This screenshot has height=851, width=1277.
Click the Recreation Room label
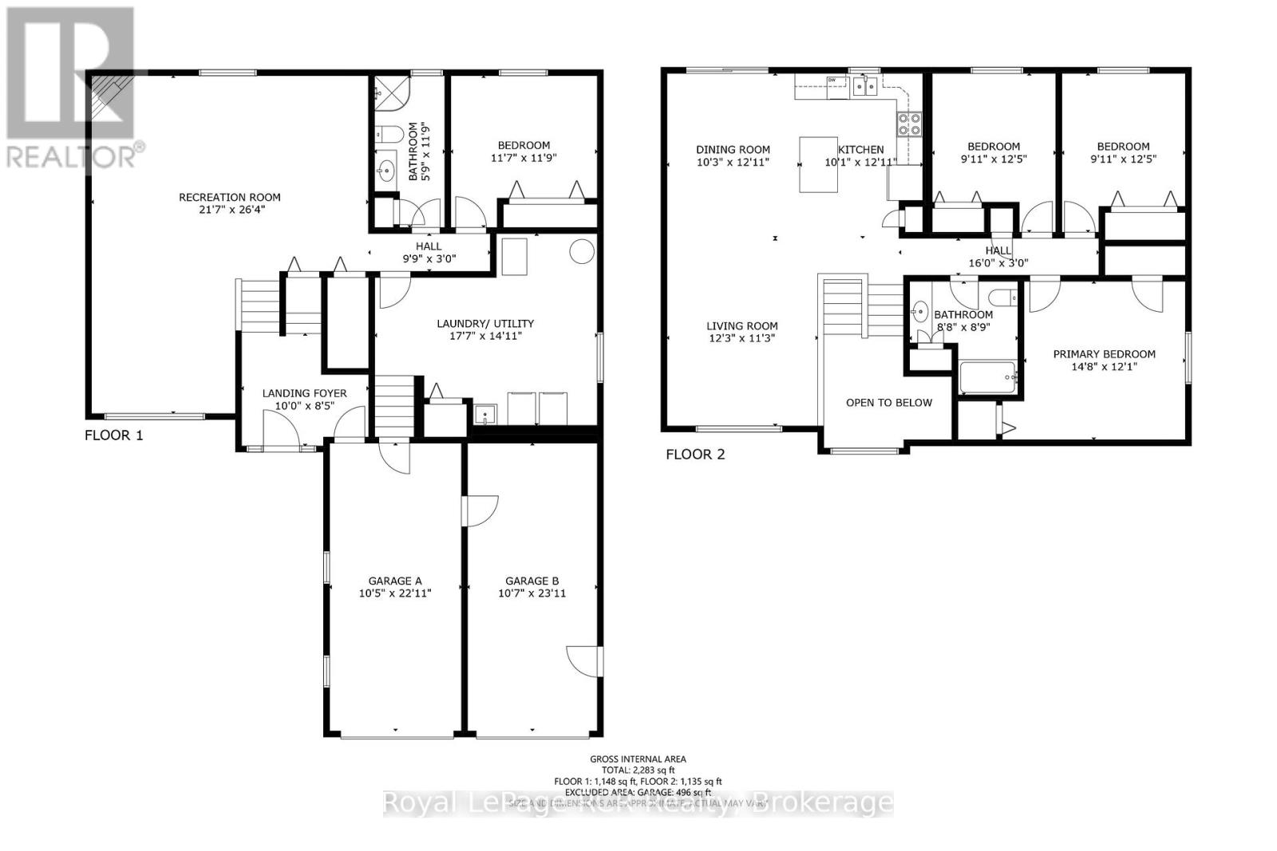coord(229,197)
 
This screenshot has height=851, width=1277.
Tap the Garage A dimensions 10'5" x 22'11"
coord(395,593)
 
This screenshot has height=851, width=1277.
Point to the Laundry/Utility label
coord(485,323)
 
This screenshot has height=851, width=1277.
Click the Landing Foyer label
coord(305,393)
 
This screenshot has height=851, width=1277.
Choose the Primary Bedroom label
coord(1104,354)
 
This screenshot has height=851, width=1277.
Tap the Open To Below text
coord(888,402)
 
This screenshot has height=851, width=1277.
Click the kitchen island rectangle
coord(819,164)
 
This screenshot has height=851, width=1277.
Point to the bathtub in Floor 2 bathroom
coord(987,376)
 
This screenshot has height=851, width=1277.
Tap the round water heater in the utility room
coord(582,251)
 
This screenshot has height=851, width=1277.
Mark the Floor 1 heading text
coord(114,435)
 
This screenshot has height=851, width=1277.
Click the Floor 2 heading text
coord(695,455)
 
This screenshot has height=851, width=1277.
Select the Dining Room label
coord(733,149)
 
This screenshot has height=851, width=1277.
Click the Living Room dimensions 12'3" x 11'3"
coord(741,338)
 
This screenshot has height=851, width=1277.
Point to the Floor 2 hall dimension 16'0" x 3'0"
coord(998,262)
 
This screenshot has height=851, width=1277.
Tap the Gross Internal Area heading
coord(638,759)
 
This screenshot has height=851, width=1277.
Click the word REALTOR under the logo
coord(72,156)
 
